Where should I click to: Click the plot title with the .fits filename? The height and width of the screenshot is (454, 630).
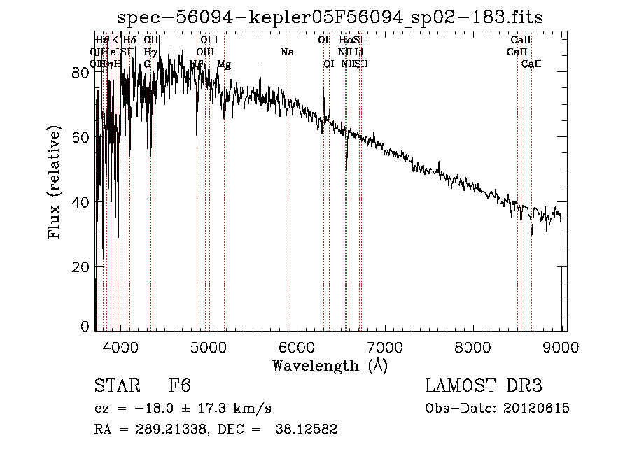[x=330, y=17]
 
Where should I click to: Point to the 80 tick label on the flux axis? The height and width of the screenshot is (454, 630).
[x=82, y=72]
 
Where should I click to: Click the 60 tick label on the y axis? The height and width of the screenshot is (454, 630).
[x=82, y=137]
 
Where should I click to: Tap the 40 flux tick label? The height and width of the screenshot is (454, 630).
[x=82, y=202]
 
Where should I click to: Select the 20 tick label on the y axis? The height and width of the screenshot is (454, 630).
[x=82, y=267]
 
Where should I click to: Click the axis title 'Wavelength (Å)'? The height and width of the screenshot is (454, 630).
[x=330, y=365]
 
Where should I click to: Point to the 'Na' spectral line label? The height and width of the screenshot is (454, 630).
[x=287, y=52]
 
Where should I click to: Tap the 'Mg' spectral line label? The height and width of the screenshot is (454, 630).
[x=224, y=64]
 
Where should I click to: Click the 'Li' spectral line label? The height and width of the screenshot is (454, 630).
[x=358, y=52]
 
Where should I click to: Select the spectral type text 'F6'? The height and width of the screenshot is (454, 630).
[x=180, y=386]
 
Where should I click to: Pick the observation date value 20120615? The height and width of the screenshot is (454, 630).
[x=538, y=409]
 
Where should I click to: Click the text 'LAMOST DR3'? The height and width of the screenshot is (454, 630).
[x=484, y=386]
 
